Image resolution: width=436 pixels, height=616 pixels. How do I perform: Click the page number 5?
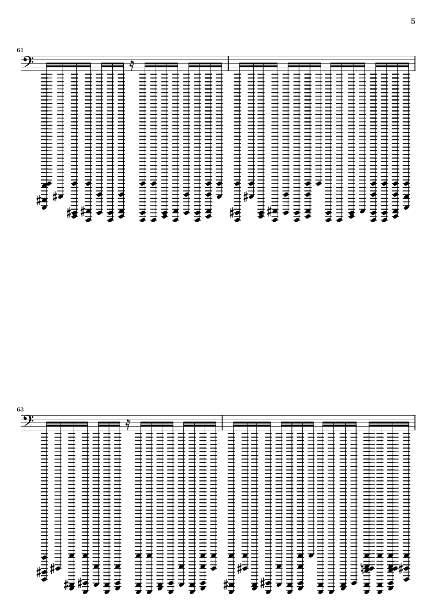[413, 21]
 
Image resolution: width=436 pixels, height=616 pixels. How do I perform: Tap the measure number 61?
[20, 50]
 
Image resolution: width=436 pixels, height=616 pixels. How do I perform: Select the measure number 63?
[20, 409]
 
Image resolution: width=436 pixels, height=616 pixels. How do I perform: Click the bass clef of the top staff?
[28, 61]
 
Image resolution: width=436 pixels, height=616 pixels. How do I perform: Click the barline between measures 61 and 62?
[228, 63]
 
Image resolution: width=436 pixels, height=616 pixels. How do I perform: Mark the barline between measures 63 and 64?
[223, 422]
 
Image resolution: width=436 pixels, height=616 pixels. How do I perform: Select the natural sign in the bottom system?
[363, 568]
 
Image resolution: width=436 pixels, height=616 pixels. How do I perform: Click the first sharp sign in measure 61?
[39, 201]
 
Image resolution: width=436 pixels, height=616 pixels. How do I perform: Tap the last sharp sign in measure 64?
[402, 567]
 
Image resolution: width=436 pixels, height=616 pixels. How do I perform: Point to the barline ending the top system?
[415, 63]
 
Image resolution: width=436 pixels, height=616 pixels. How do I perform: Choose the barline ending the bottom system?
[415, 422]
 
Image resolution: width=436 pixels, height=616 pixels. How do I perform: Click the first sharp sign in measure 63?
[39, 572]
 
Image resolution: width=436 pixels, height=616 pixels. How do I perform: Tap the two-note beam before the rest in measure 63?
[109, 424]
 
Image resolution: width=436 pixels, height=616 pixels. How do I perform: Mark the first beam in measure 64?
[252, 424]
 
